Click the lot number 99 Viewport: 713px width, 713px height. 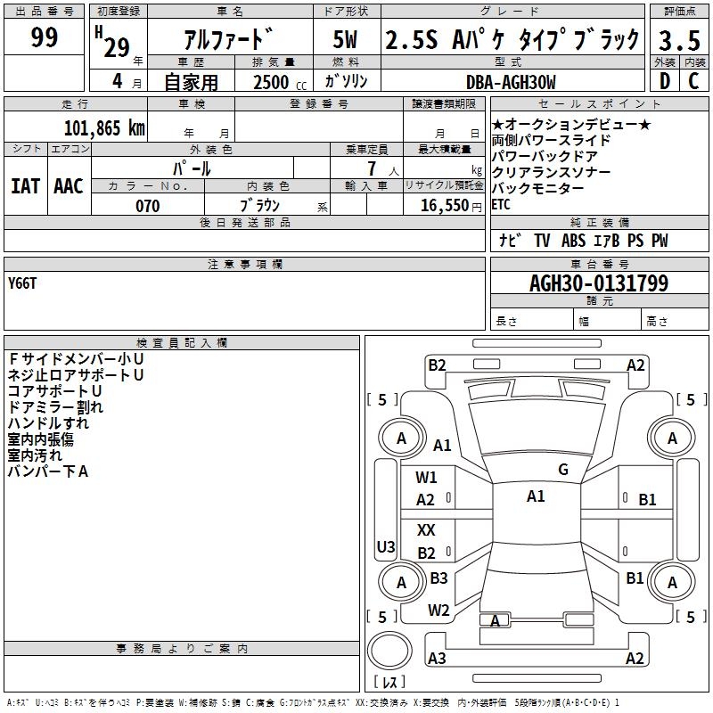[x=44, y=38]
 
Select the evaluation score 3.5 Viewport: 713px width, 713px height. [x=678, y=40]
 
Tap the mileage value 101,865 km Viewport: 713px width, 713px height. [x=104, y=127]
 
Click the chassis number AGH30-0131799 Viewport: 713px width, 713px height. [x=598, y=283]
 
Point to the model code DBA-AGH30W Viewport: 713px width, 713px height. [x=511, y=82]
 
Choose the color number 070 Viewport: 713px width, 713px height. [x=147, y=206]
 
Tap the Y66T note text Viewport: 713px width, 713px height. [x=23, y=283]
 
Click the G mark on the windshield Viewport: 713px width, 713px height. [x=562, y=470]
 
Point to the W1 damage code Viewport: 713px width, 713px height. [x=426, y=478]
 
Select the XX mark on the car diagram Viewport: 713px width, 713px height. [x=426, y=530]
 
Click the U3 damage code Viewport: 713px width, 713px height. [x=386, y=546]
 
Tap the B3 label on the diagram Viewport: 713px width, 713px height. [x=438, y=578]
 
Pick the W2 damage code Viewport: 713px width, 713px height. [x=438, y=611]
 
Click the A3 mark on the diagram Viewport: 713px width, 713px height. [x=437, y=659]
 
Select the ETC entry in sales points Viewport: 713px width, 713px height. [x=501, y=204]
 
